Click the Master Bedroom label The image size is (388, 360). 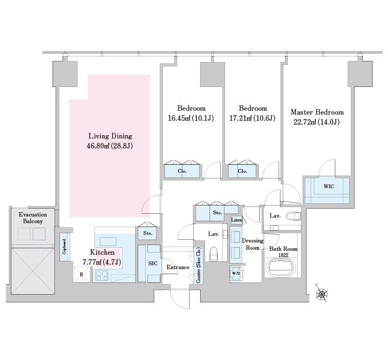tap(317, 112)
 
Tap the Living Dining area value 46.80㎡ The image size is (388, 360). tap(98, 146)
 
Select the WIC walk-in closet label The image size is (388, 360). tap(329, 187)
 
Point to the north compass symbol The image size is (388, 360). tap(321, 293)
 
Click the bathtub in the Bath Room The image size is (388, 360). tap(280, 268)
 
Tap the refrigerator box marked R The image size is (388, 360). tap(81, 275)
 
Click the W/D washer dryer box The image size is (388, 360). tap(236, 274)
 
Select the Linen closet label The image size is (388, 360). tap(237, 219)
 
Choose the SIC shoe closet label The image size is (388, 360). tap(152, 264)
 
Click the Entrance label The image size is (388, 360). tap(178, 267)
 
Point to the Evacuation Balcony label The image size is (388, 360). tap(33, 218)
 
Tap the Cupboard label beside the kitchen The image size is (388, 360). tap(64, 247)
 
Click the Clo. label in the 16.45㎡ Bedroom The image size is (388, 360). tap(182, 171)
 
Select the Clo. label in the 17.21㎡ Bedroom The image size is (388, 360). tap(242, 171)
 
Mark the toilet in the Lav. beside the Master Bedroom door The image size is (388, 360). tap(293, 217)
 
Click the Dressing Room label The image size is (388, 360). tap(252, 244)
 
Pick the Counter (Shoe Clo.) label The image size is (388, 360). tap(198, 265)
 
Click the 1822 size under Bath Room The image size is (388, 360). tap(283, 255)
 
